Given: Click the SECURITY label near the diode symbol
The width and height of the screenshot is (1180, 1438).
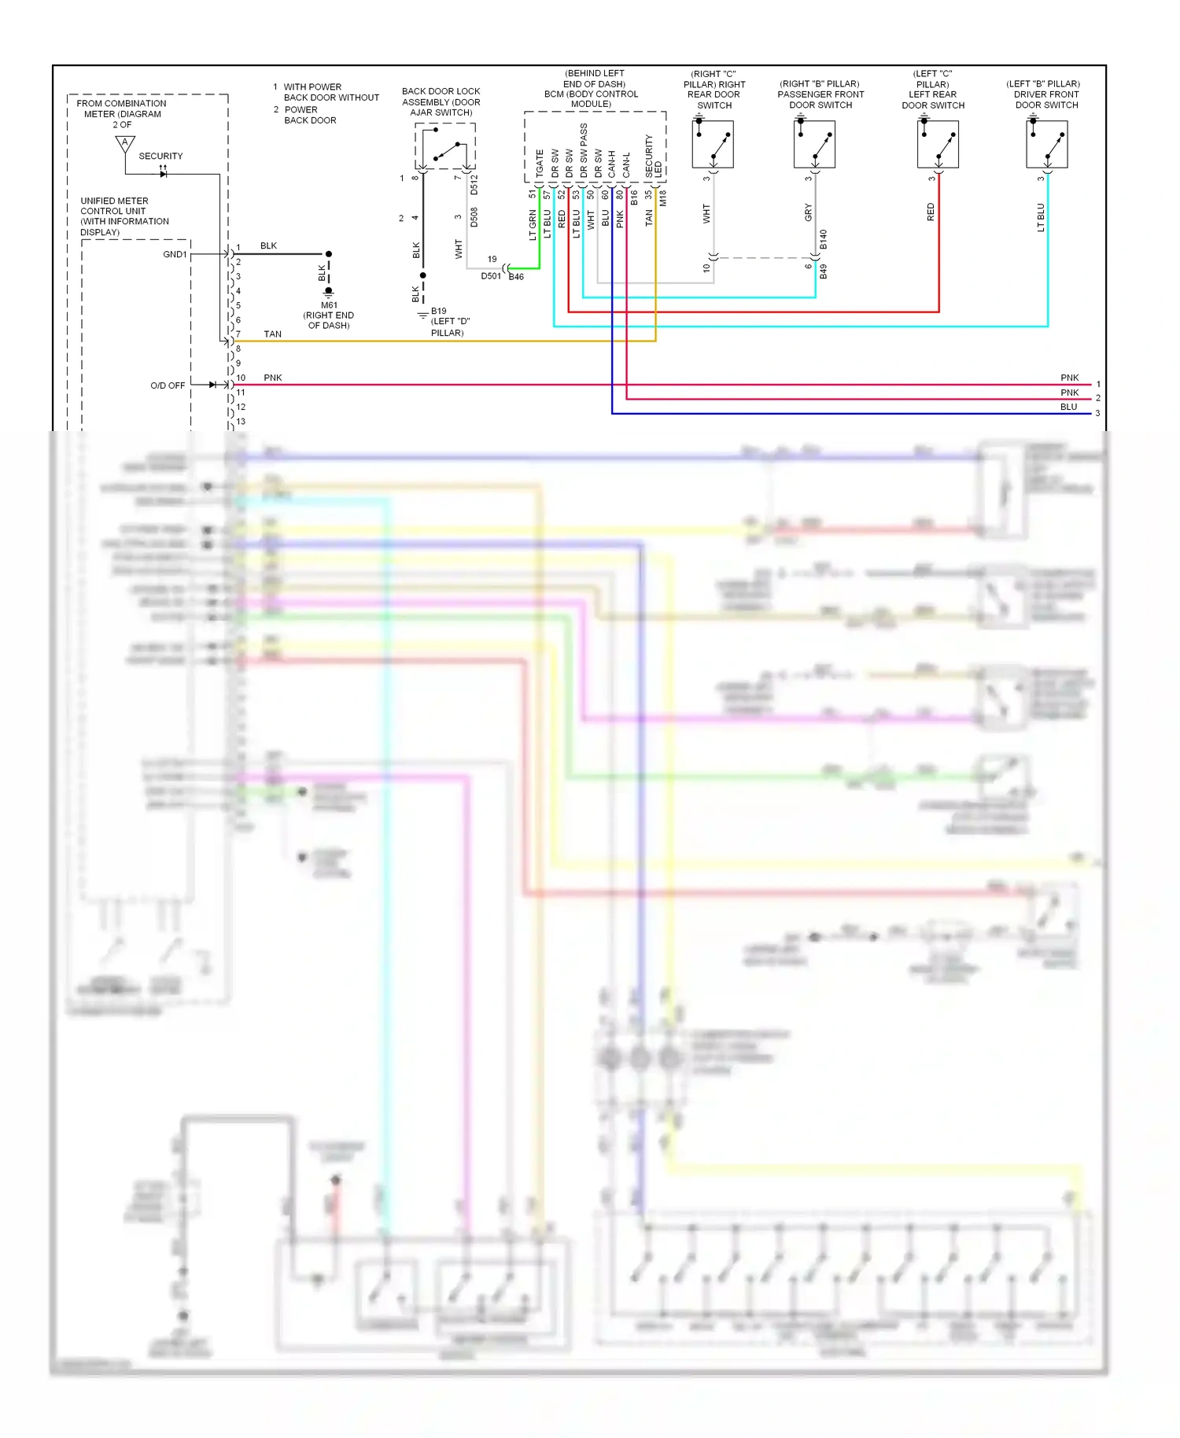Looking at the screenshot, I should click(160, 156).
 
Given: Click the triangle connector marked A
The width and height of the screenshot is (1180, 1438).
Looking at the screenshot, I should click(124, 144).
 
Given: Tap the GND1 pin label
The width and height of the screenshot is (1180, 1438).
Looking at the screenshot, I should click(175, 254).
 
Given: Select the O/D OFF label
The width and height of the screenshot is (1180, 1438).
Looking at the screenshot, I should click(168, 385).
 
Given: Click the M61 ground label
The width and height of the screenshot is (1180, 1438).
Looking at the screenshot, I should click(329, 305).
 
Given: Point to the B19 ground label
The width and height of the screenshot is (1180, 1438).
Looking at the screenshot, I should click(438, 311).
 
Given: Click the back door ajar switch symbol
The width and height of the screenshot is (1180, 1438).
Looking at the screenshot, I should click(445, 147).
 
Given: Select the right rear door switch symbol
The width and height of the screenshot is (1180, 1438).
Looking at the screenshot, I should click(713, 145).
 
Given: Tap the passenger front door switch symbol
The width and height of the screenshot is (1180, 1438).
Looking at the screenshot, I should click(814, 145).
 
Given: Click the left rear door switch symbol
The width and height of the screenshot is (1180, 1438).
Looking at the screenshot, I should click(938, 145).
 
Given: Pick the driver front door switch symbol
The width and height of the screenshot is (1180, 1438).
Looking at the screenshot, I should click(1047, 145).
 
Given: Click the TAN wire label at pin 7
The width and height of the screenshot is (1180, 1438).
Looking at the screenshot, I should click(272, 334).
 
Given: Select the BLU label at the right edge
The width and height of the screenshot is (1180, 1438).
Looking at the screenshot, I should click(1068, 407).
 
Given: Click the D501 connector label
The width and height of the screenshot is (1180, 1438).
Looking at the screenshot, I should click(491, 276).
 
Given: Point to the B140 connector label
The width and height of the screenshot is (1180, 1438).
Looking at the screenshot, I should click(824, 240).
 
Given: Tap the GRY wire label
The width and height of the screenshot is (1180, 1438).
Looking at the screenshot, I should click(808, 212).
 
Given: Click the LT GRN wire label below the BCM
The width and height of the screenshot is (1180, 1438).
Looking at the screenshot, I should click(533, 224).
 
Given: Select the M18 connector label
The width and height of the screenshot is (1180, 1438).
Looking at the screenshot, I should click(663, 198).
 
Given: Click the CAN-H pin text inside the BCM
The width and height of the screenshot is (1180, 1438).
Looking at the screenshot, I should click(612, 164).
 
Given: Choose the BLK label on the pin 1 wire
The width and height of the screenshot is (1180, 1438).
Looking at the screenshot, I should click(268, 246).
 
